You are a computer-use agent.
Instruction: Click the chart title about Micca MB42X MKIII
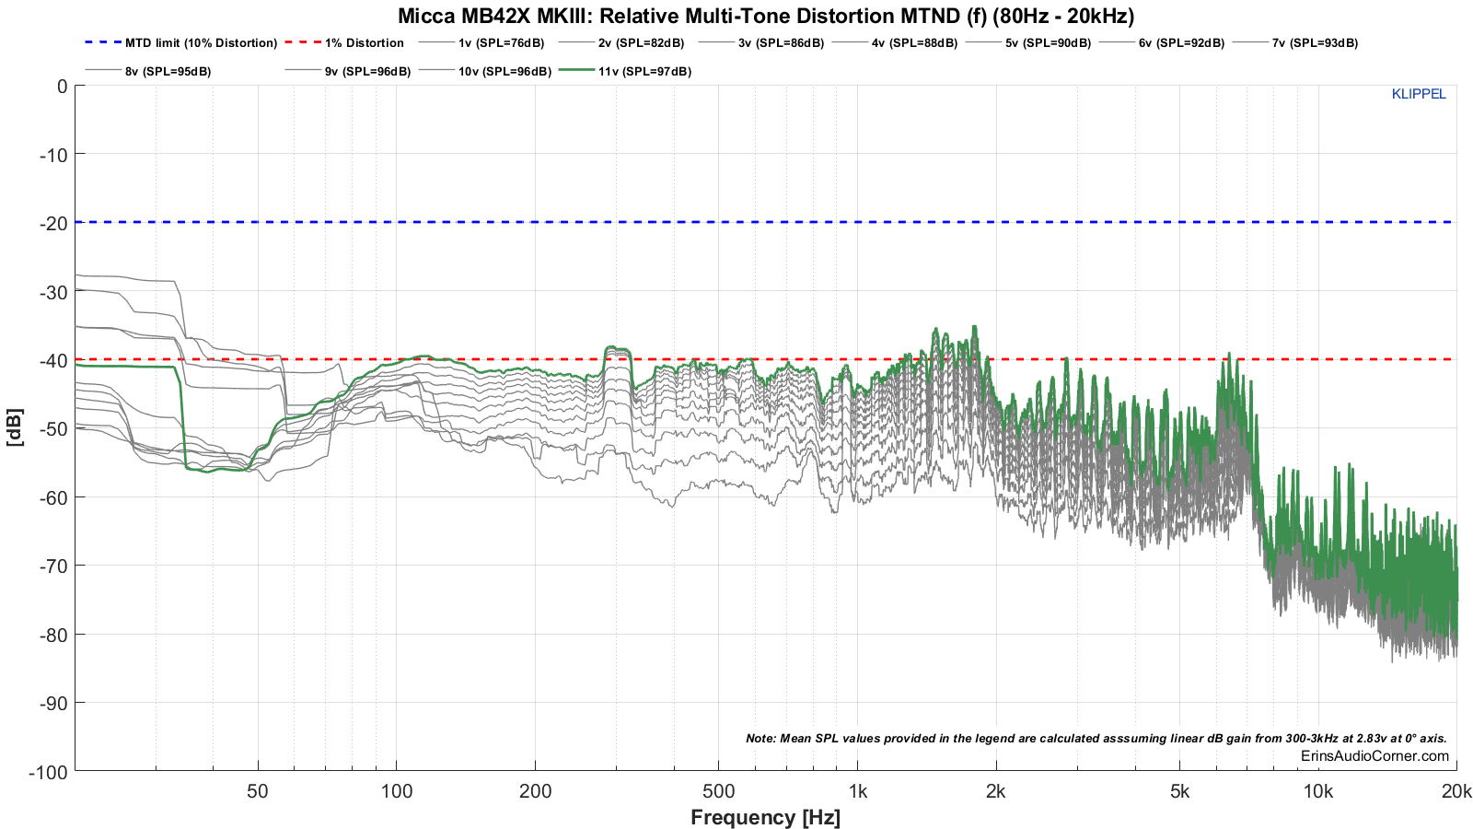[765, 16]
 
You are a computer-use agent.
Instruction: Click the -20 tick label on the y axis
[53, 223]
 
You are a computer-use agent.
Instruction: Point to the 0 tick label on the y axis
[62, 87]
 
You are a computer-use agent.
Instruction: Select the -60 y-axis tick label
[53, 497]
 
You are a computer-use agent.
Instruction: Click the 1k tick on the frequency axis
[857, 792]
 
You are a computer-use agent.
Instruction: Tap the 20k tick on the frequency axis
[1456, 792]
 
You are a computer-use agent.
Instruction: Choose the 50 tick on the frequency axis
[258, 792]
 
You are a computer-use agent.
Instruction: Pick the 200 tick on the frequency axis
[535, 792]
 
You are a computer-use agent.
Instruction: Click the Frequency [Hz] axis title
[765, 817]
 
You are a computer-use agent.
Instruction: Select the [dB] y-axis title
[15, 427]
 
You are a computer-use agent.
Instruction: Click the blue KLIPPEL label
[1418, 94]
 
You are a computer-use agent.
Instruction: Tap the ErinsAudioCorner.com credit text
[1374, 756]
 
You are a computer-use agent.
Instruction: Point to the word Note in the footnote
[760, 739]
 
